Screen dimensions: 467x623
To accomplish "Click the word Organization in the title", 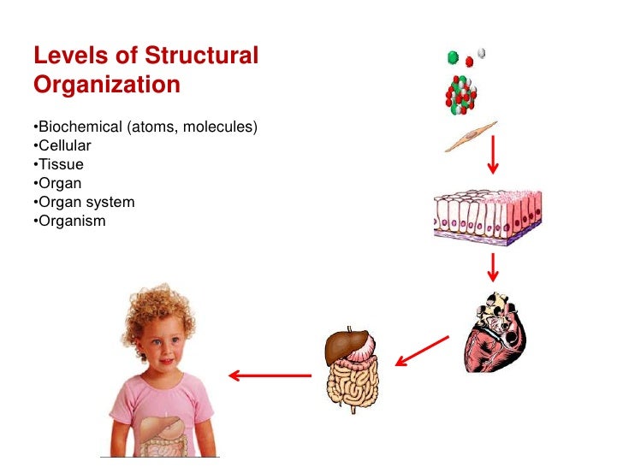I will pos(107,85).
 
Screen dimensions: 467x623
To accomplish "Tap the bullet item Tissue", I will pos(59,164).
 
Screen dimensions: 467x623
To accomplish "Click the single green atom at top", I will pos(453,58).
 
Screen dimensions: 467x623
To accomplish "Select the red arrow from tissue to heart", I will pos(493,268).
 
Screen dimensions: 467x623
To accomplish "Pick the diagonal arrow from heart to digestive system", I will pos(421,350).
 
